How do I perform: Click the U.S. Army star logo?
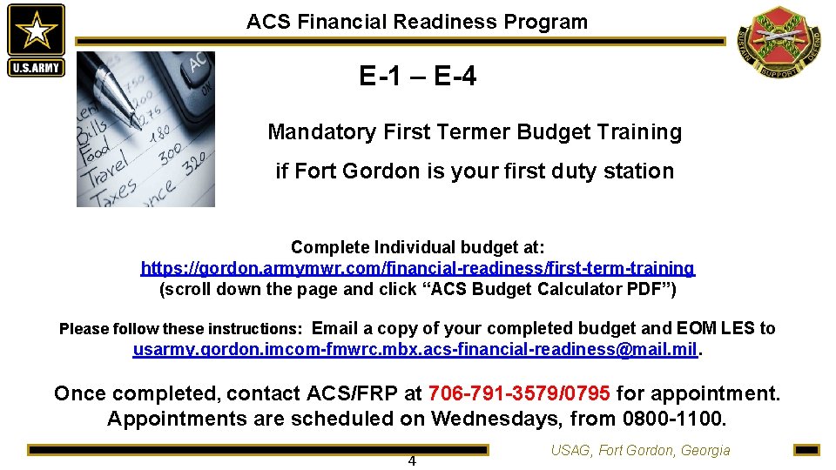pos(36,40)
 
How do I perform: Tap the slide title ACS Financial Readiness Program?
pos(417,22)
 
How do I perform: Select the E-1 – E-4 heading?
pos(418,77)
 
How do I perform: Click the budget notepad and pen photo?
pos(145,129)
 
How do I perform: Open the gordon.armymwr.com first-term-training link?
pos(418,268)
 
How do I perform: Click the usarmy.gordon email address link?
pos(415,350)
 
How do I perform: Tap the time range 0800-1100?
pos(673,419)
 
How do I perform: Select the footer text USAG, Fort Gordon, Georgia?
pos(640,450)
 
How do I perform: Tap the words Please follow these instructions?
pos(180,329)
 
